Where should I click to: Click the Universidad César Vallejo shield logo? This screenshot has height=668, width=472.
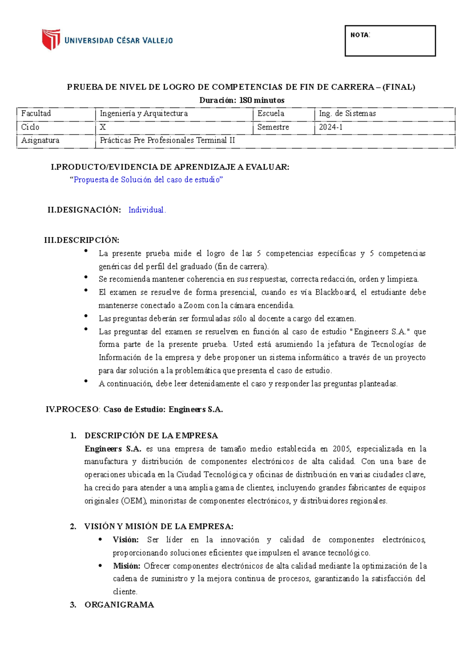tap(51, 39)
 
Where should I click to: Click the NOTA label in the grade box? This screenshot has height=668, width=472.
tap(360, 35)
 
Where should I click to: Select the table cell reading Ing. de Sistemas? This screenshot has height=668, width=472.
tap(347, 113)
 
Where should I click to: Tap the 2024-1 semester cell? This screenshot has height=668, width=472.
tap(331, 127)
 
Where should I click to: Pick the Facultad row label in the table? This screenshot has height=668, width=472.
tap(36, 113)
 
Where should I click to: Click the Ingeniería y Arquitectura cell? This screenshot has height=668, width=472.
tap(144, 113)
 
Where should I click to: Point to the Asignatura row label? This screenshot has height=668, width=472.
tap(40, 141)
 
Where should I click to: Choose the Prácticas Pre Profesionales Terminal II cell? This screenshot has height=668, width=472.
tap(167, 141)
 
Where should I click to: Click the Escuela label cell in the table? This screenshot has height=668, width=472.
tap(271, 113)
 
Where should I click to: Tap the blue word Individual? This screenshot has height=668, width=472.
tap(147, 210)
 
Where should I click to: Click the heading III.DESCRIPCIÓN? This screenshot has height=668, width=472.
tap(82, 240)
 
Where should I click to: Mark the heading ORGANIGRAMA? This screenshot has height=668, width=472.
tap(119, 605)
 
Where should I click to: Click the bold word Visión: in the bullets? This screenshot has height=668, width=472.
tap(125, 540)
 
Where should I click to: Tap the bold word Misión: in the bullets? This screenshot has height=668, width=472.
tap(126, 566)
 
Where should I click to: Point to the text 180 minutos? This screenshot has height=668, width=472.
tap(262, 100)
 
